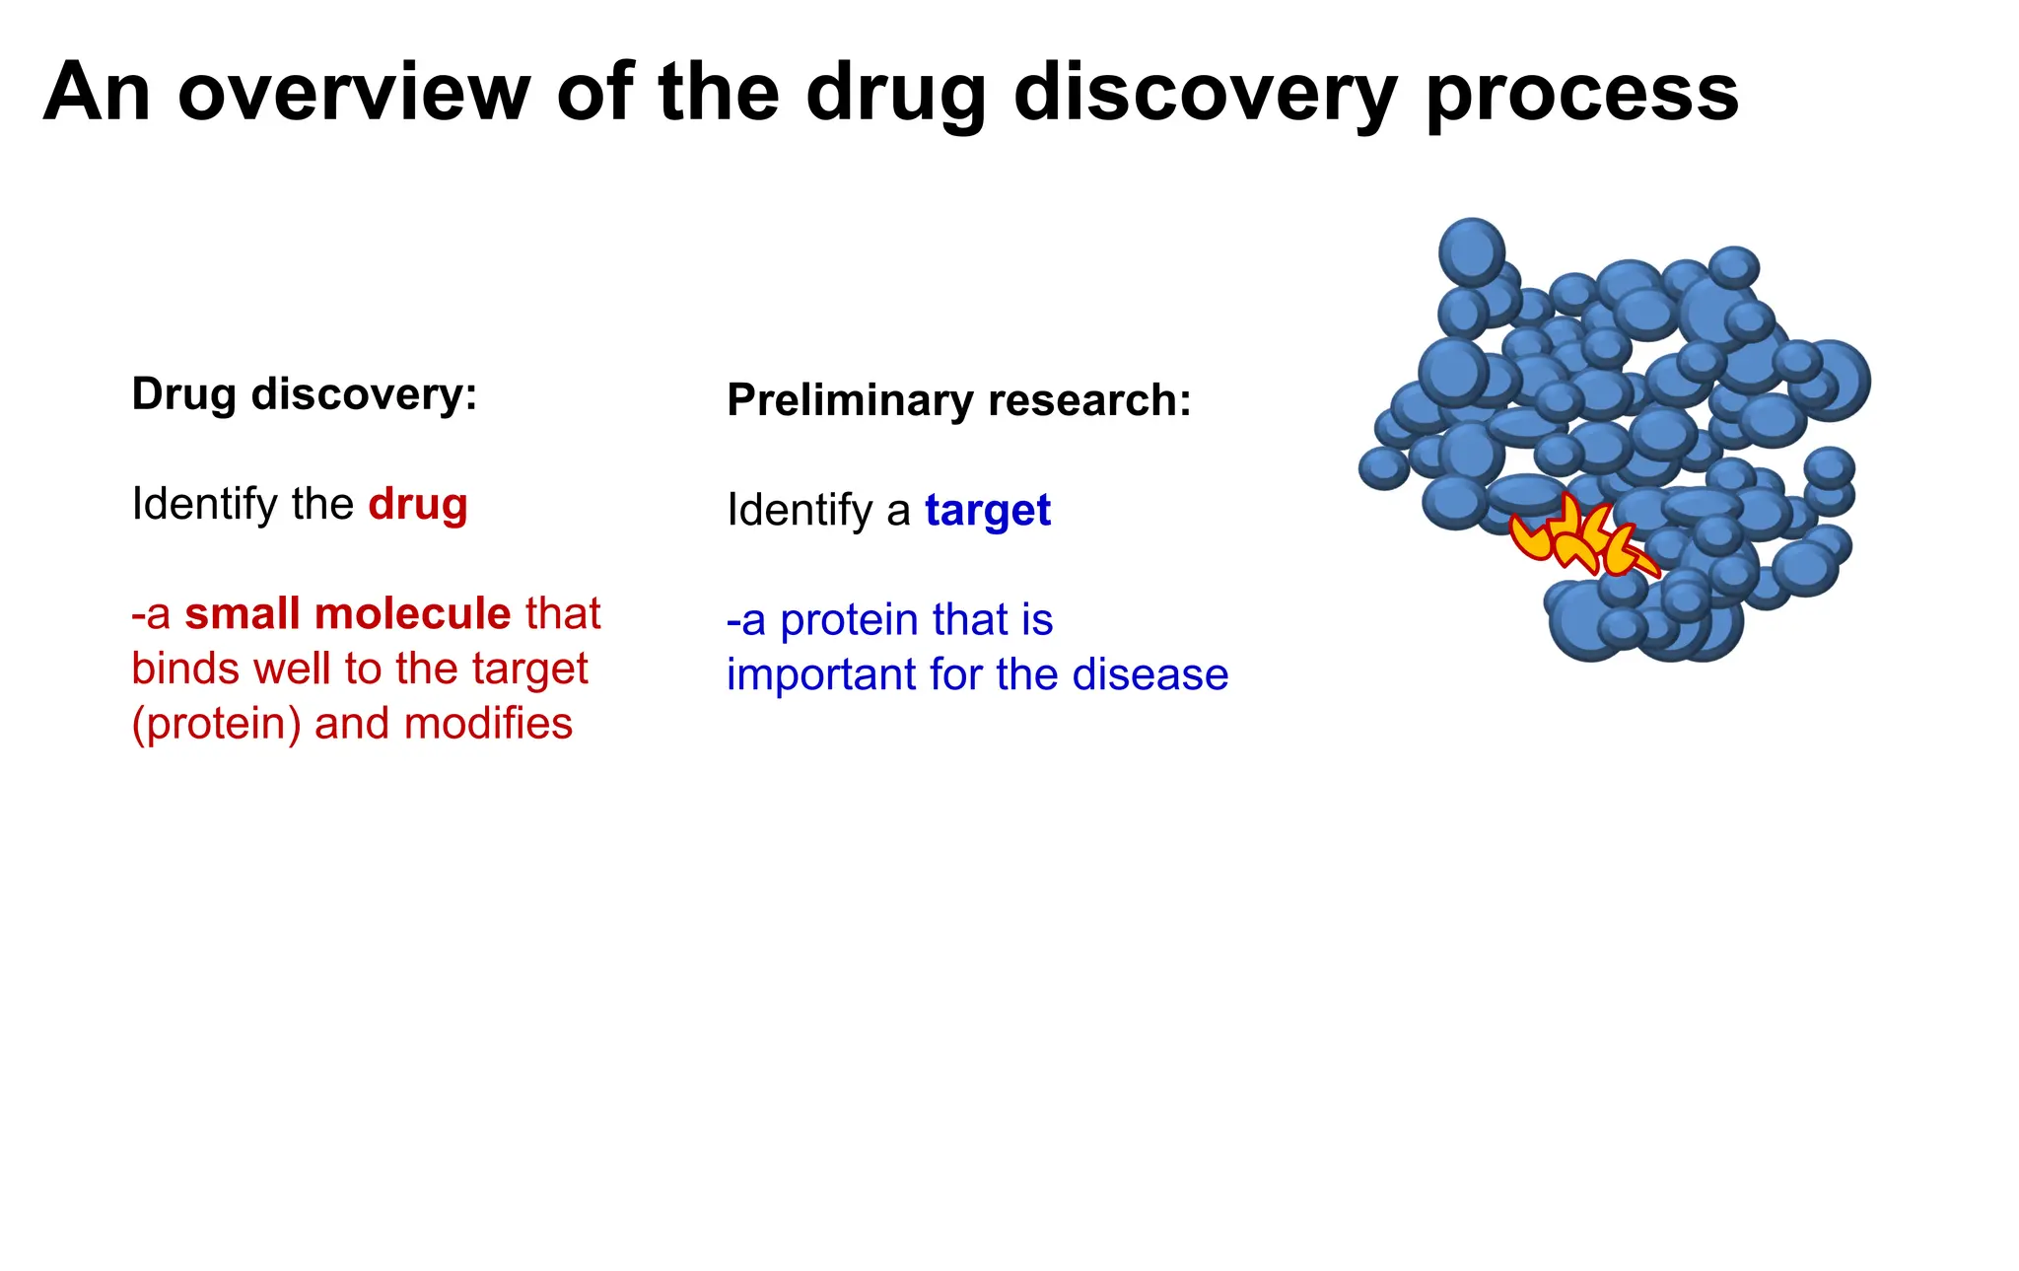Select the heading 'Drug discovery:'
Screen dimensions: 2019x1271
pos(305,394)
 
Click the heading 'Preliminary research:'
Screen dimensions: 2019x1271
pos(959,400)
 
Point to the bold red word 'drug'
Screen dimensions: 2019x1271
pos(418,505)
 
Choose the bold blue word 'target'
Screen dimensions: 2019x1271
pos(988,511)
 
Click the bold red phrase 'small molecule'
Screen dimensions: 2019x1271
pos(348,613)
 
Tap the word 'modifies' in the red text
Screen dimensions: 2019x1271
pos(488,724)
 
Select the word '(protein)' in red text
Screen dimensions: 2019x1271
pos(217,725)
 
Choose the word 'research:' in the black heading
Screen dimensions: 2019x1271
pos(1089,400)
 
